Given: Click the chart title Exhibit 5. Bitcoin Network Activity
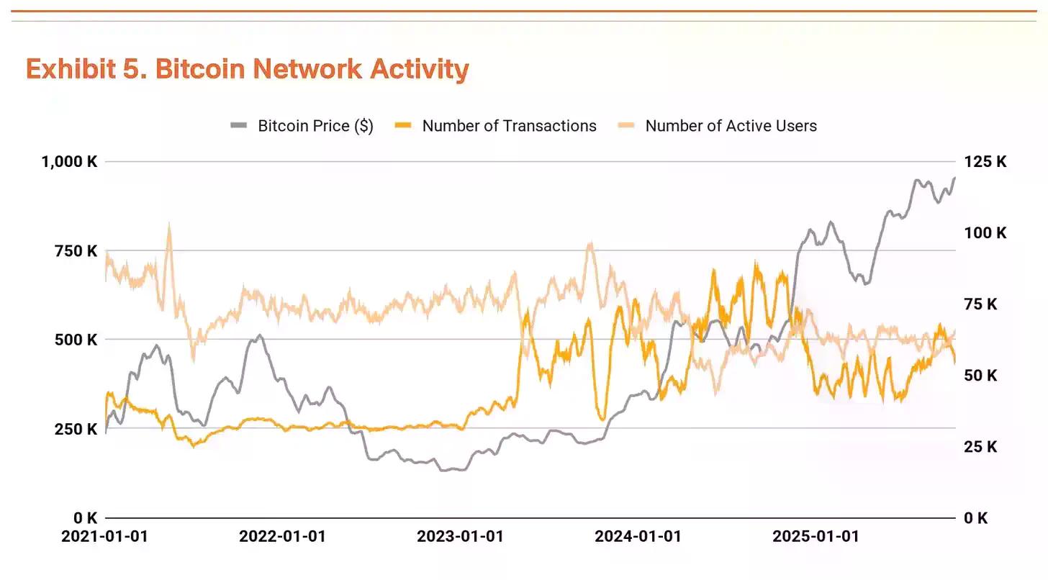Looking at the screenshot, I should (x=247, y=69).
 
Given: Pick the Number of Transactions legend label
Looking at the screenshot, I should (x=509, y=126).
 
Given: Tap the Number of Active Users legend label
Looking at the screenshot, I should (x=731, y=126).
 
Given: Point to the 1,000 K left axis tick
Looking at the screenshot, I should (x=69, y=162).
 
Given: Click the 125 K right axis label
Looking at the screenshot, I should (x=986, y=162).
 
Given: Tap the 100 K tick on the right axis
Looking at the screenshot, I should (x=986, y=233).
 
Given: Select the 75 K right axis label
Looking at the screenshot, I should (x=980, y=304).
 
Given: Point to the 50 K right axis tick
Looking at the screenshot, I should (x=980, y=376).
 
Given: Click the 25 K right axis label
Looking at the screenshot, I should (x=980, y=447).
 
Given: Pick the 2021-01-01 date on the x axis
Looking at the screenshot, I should (x=104, y=536).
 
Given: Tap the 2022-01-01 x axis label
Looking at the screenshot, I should (x=282, y=536).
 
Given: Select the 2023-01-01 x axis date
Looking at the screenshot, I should (x=460, y=536).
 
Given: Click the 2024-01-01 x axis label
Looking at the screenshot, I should (x=638, y=536).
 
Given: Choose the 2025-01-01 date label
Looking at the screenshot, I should (x=816, y=536).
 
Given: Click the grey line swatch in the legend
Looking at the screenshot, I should (x=239, y=126).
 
